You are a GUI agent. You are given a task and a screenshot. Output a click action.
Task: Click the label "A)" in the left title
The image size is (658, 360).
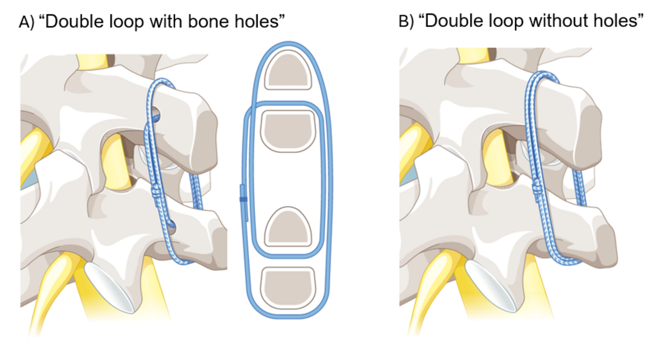click(x=26, y=22)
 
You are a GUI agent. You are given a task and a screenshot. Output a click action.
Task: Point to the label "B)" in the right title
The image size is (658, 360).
click(x=406, y=22)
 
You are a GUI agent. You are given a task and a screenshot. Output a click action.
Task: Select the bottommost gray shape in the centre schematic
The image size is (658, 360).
click(x=288, y=287)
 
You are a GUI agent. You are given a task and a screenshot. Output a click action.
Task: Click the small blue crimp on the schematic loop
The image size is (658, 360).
click(x=243, y=199)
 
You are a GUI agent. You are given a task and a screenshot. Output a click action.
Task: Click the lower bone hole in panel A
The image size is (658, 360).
click(x=172, y=224)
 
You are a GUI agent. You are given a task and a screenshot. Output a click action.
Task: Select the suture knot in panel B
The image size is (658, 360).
click(x=536, y=188)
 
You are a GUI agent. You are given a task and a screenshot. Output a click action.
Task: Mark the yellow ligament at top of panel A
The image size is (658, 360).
click(x=93, y=62)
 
